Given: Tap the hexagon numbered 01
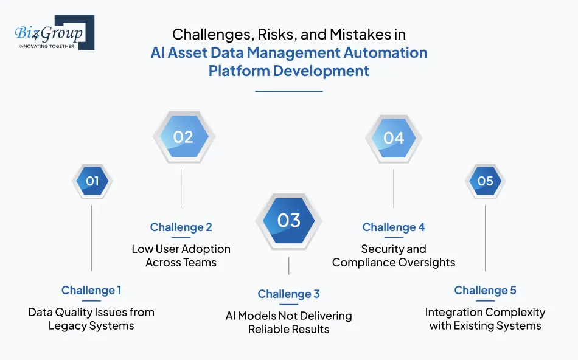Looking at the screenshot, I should tap(92, 181).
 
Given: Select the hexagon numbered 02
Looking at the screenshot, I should tap(183, 137).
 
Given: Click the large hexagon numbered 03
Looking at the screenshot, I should tap(288, 220).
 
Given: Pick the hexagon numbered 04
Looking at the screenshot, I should tap(394, 138).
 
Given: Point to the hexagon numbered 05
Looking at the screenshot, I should tap(485, 181).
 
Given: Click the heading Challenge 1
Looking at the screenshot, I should tap(91, 291).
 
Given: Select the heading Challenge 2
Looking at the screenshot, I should tap(181, 227).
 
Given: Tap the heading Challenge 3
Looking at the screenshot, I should tap(288, 294).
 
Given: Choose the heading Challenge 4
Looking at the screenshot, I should tap(394, 227).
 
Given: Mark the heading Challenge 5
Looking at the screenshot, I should tap(485, 291).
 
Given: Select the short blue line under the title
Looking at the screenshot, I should tap(288, 91).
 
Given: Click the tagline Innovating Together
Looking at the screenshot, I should tap(46, 46).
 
